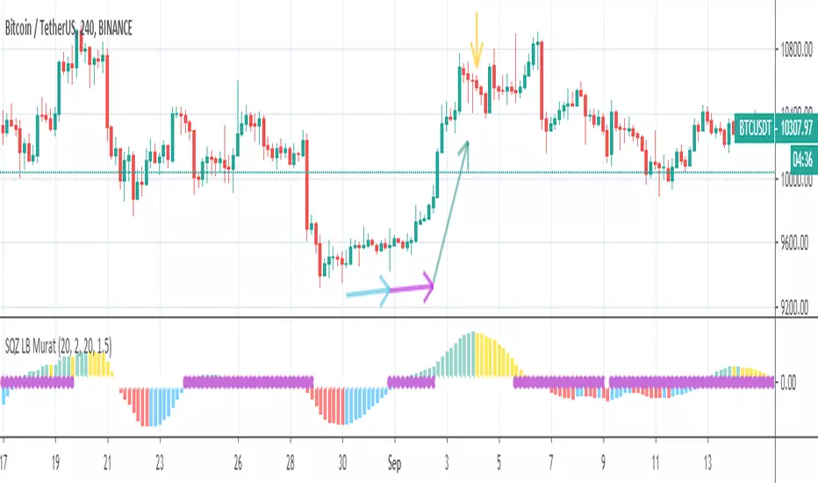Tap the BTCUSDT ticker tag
[754, 127]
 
